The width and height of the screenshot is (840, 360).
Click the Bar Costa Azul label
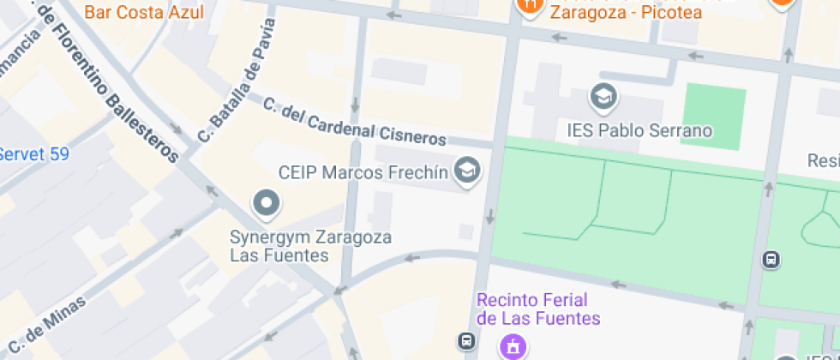click(x=144, y=13)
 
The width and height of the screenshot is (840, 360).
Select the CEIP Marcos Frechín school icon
click(x=467, y=171)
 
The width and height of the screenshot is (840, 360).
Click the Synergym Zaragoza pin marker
click(x=267, y=204)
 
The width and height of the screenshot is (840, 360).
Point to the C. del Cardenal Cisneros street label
click(x=355, y=122)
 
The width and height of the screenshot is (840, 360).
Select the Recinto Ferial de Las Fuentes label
click(x=538, y=309)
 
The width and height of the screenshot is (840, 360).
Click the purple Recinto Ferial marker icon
click(x=513, y=347)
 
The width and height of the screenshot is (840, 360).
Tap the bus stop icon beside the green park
click(x=771, y=259)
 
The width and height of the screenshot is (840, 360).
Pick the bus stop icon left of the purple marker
click(x=466, y=341)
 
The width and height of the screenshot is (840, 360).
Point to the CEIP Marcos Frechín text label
click(x=363, y=172)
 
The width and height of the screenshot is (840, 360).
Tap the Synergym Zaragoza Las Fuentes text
click(x=310, y=245)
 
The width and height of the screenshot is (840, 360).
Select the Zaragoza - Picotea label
click(x=625, y=12)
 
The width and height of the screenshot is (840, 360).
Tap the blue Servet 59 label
click(x=34, y=154)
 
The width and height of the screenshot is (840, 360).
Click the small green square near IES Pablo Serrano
click(x=713, y=117)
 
